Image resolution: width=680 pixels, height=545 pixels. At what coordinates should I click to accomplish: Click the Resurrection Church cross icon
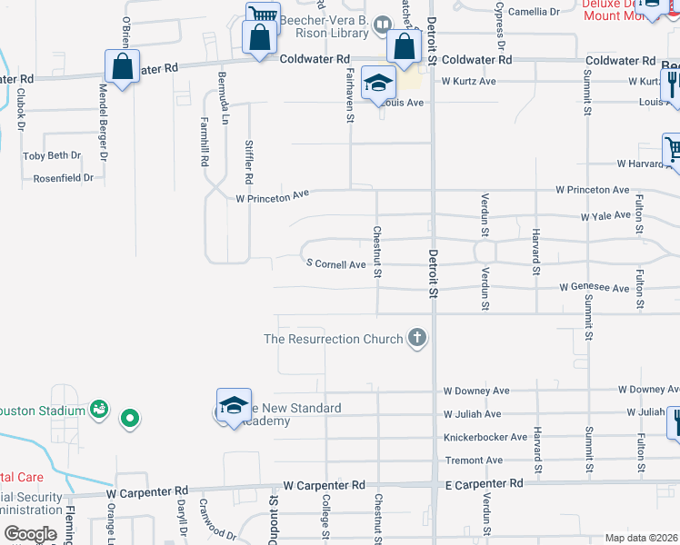(417, 339)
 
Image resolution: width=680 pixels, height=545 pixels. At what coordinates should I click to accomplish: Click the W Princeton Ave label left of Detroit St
(273, 196)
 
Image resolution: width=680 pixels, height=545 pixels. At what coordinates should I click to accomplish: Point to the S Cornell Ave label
(335, 264)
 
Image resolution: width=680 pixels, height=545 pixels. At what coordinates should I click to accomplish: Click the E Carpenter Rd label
(484, 484)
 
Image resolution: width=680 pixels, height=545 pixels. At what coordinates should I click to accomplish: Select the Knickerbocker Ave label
(485, 437)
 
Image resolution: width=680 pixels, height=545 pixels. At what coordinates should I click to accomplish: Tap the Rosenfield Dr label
(63, 178)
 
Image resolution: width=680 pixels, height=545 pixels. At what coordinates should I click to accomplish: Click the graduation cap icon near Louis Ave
(378, 83)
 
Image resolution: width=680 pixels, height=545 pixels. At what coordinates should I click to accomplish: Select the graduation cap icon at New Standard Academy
(234, 404)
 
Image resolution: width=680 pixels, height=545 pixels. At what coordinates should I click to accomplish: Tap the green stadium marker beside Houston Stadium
(130, 419)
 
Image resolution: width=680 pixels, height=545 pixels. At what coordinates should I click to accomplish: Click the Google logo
(30, 534)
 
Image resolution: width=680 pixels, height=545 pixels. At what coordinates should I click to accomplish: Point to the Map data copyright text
(641, 538)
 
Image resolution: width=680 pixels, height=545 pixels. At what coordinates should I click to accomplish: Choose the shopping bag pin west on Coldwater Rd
(121, 66)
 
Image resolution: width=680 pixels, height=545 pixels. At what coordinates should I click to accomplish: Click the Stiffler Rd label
(250, 162)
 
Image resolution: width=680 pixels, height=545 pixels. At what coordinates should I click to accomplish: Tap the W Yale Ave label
(605, 216)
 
